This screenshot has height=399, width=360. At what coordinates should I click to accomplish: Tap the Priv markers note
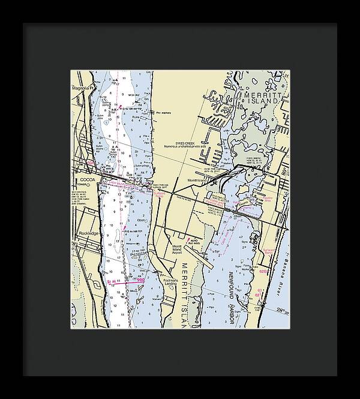coord(163,112)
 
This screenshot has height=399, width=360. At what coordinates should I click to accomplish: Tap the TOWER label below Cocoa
coord(82,185)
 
